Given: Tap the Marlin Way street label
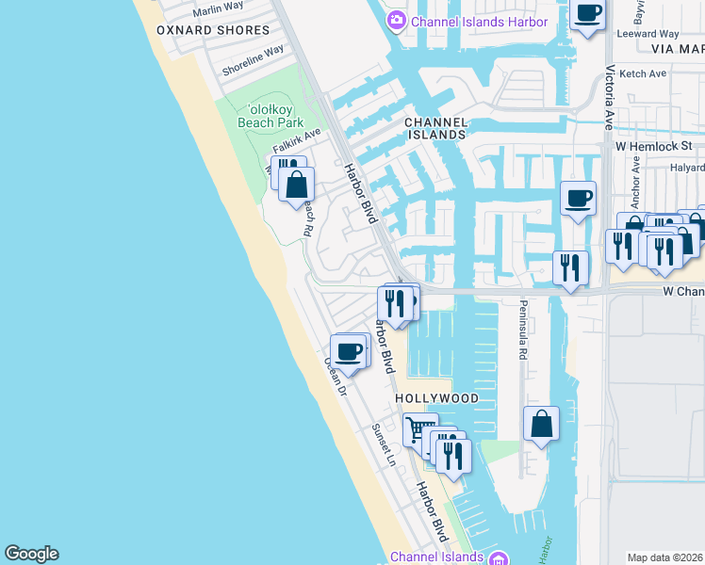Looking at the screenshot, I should [218, 9].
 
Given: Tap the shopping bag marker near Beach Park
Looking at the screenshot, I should [297, 186].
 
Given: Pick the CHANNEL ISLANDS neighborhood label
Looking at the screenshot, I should [434, 129].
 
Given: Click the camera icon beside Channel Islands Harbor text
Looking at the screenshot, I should [398, 21].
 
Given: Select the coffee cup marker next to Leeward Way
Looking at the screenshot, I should [588, 13].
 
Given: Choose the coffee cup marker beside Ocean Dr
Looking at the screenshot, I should [349, 351].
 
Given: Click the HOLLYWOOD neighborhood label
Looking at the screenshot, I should [436, 398].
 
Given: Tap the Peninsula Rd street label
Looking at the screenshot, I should [521, 331].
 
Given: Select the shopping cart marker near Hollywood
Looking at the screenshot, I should [420, 429].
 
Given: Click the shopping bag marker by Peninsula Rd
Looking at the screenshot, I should [542, 423].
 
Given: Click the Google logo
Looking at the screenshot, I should [31, 554].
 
